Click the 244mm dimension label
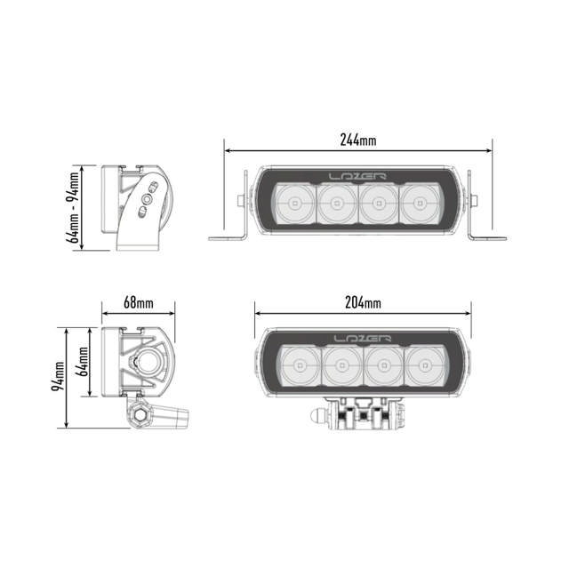tap(358, 140)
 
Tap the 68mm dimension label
tap(138, 302)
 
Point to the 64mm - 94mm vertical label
tap(74, 210)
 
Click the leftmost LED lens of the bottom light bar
tap(300, 366)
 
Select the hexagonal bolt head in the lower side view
tap(140, 414)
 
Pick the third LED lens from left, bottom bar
tap(384, 366)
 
